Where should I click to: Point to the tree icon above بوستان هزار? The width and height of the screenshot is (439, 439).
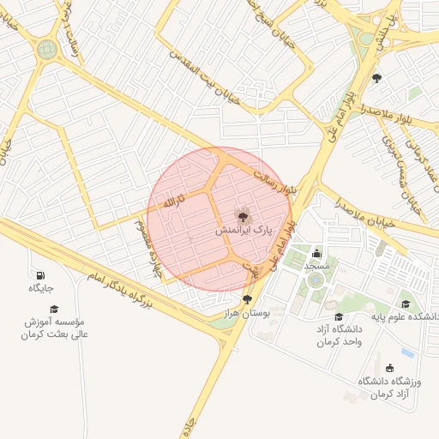pos(248,299)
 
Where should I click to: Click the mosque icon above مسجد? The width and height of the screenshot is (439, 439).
pos(317,253)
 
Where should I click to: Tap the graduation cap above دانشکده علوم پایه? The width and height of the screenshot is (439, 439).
pos(406,304)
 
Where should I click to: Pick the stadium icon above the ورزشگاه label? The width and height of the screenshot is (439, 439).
pos(390,368)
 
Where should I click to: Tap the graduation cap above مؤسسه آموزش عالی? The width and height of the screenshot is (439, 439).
pos(54,309)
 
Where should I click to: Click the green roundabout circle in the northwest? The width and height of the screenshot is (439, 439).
pos(47,49)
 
